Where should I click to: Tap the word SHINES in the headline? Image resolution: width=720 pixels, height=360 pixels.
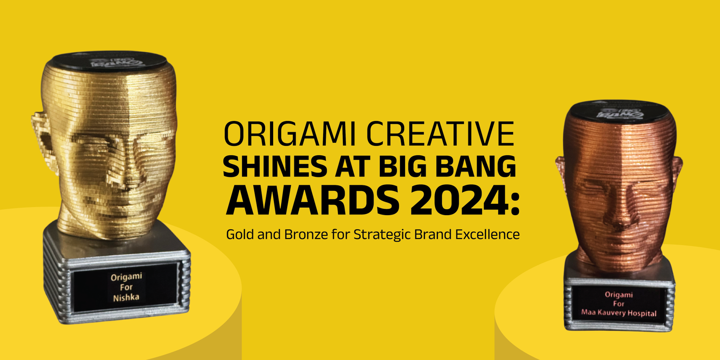(x=274, y=166)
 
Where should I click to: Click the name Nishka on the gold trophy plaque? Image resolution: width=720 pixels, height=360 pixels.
(x=126, y=297)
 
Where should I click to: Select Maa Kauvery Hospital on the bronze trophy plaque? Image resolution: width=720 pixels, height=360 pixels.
(x=619, y=313)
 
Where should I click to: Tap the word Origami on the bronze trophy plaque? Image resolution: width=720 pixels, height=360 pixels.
(x=619, y=295)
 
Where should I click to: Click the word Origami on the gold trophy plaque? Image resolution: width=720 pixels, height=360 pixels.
(x=126, y=276)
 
